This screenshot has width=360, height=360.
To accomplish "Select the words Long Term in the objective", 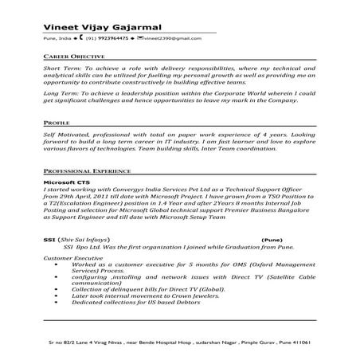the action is click(x=59, y=94).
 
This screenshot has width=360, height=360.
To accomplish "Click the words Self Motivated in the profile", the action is click(x=65, y=138).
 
